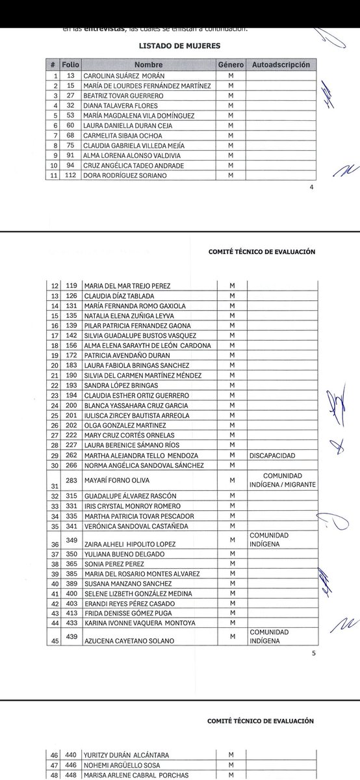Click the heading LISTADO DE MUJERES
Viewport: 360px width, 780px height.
[x=180, y=47]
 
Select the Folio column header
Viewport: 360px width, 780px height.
[x=70, y=66]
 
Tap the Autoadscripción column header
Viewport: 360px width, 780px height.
[x=280, y=66]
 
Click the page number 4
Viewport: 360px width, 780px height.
[x=311, y=188]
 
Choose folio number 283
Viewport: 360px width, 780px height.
[x=71, y=480]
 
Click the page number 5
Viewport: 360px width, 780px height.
[x=313, y=654]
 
